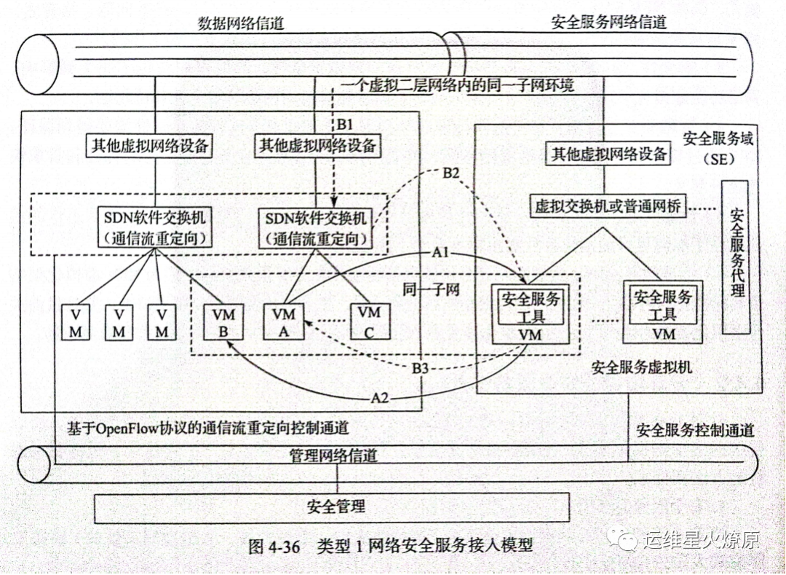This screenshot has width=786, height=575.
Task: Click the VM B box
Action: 223,321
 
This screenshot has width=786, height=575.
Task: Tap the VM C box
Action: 369,321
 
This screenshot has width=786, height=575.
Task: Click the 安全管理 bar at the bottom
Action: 332,506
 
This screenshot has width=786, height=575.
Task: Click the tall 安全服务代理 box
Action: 735,257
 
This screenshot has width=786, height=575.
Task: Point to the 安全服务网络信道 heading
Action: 608,23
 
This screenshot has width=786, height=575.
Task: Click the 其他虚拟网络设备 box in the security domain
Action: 608,154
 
